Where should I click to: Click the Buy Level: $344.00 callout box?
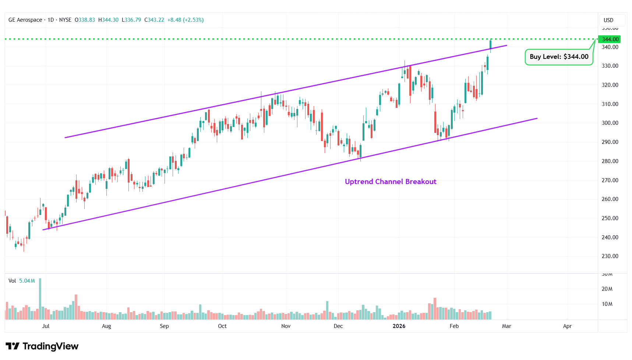tap(559, 57)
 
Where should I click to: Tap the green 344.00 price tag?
tap(610, 39)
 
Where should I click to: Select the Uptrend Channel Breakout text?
tap(391, 181)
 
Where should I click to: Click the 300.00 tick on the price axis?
tap(610, 123)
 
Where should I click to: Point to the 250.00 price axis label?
tap(610, 218)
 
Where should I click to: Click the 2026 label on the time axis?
tap(399, 326)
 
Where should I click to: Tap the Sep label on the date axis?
tap(164, 326)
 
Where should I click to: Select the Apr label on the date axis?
tap(567, 326)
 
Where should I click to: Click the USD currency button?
tap(608, 20)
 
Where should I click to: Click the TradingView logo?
tap(42, 346)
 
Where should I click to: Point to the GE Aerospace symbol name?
tap(25, 20)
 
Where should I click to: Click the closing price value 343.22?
tap(156, 20)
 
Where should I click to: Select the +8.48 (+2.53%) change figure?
tap(186, 20)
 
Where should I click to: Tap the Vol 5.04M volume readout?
tap(22, 281)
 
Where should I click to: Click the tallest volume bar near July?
tap(40, 299)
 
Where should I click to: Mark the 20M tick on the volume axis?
tap(607, 289)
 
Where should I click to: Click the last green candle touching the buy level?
tap(490, 45)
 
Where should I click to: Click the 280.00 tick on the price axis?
tap(610, 161)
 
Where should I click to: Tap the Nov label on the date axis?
tap(286, 326)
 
